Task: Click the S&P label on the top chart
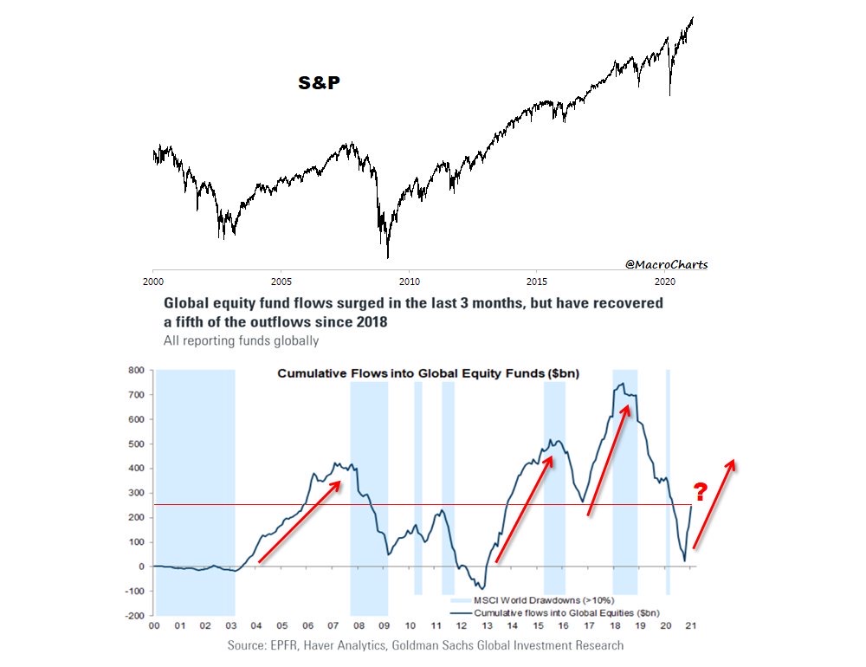319,83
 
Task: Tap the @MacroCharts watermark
666,263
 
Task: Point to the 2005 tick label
281,282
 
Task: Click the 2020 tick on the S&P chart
665,282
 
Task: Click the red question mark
701,492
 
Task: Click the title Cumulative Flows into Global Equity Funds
428,373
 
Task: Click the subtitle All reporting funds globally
241,340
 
